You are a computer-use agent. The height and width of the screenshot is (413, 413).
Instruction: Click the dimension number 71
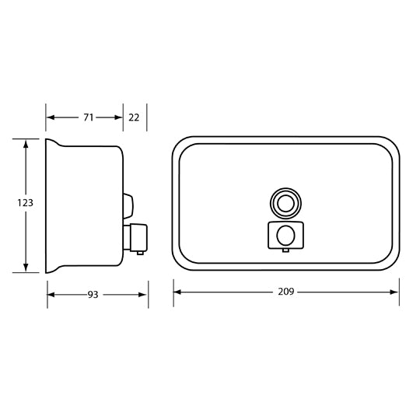pos(88,117)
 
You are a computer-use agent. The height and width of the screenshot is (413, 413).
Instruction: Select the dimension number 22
pos(134,117)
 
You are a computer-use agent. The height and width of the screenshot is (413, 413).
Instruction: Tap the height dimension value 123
pos(25,202)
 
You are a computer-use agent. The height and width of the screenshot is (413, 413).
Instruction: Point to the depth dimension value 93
pos(93,295)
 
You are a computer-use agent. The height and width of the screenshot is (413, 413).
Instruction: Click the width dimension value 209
pos(285,292)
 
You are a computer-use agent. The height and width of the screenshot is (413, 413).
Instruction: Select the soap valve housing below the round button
pos(285,235)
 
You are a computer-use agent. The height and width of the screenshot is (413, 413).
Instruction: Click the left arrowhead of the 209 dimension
pos(177,292)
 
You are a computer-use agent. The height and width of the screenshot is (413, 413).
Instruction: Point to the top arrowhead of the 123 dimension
pos(26,144)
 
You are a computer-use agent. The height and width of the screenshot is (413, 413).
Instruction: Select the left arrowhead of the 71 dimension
pos(51,117)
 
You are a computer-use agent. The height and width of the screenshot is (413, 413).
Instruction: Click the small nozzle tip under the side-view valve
pos(140,251)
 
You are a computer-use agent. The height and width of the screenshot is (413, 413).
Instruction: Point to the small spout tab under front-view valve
pos(285,250)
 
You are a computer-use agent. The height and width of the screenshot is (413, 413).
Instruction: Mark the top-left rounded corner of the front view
pos(179,144)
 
